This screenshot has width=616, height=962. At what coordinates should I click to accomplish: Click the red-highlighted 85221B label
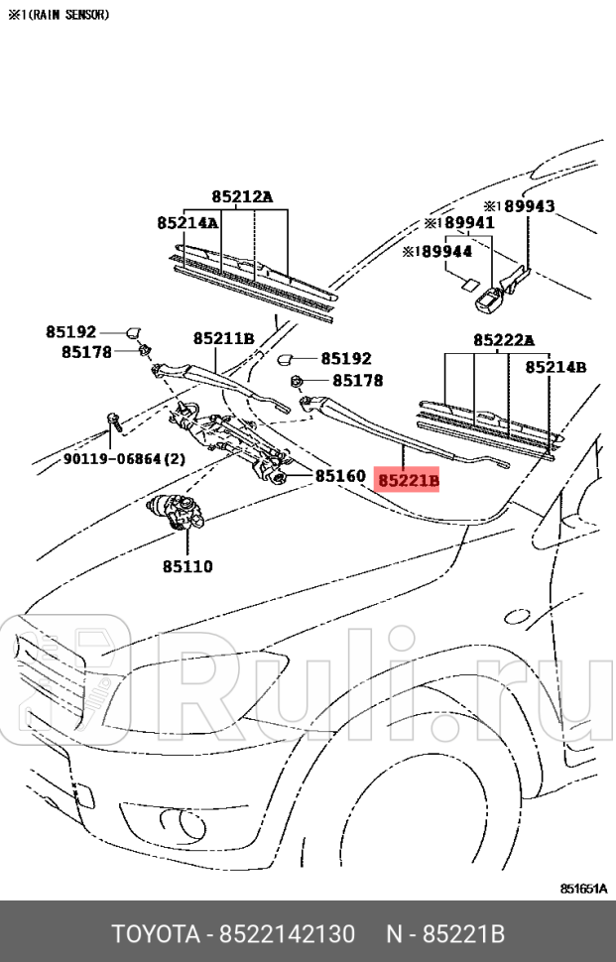408,482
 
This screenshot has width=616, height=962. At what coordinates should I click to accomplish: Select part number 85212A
241,196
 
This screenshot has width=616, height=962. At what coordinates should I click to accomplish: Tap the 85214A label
186,223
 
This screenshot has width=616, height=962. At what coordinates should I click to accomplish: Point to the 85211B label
223,338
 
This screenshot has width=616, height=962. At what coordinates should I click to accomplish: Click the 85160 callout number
341,476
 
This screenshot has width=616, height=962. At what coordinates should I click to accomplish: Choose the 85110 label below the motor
187,566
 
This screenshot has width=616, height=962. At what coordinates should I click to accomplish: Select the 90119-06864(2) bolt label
124,459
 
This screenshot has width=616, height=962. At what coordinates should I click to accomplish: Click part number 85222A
503,340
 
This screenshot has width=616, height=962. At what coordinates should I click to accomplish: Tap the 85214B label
555,367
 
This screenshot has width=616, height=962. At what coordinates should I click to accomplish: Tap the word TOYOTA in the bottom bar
153,934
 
